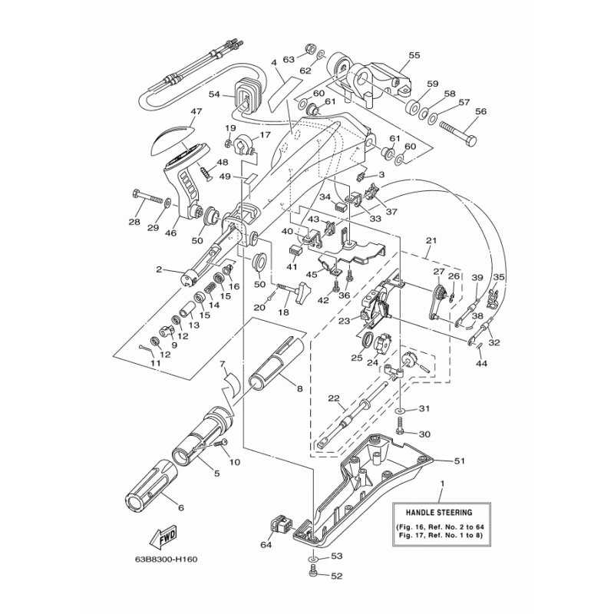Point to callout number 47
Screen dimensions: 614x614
pos(196,112)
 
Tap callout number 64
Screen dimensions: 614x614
pos(266,546)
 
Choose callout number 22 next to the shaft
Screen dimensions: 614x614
pos(334,398)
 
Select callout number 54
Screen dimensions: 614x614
pos(215,94)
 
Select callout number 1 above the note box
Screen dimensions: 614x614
pos(442,484)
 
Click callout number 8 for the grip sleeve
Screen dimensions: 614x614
pos(299,388)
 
